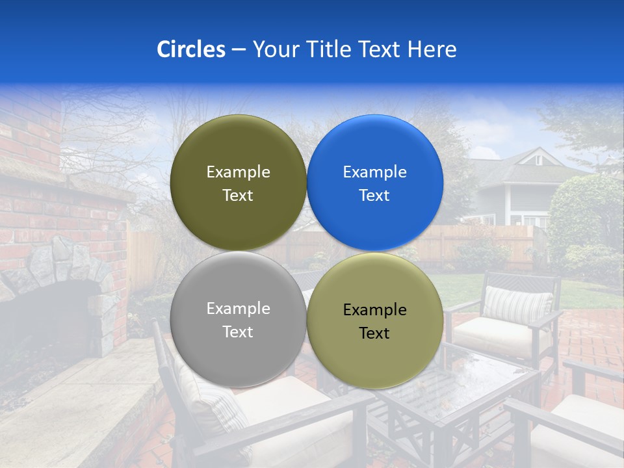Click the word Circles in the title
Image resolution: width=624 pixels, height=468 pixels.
point(190,49)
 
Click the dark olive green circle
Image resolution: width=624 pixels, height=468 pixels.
point(238,183)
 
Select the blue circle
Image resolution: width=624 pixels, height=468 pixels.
point(375,183)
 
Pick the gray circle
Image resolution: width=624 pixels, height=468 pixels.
point(238,319)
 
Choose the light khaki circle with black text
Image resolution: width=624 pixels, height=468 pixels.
point(375,320)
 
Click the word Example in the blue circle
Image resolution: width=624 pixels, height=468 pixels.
point(374,172)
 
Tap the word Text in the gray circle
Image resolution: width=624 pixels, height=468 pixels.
point(238,331)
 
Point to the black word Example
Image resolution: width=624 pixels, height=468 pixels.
point(374,310)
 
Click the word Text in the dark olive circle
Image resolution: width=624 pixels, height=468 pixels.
point(238,195)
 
